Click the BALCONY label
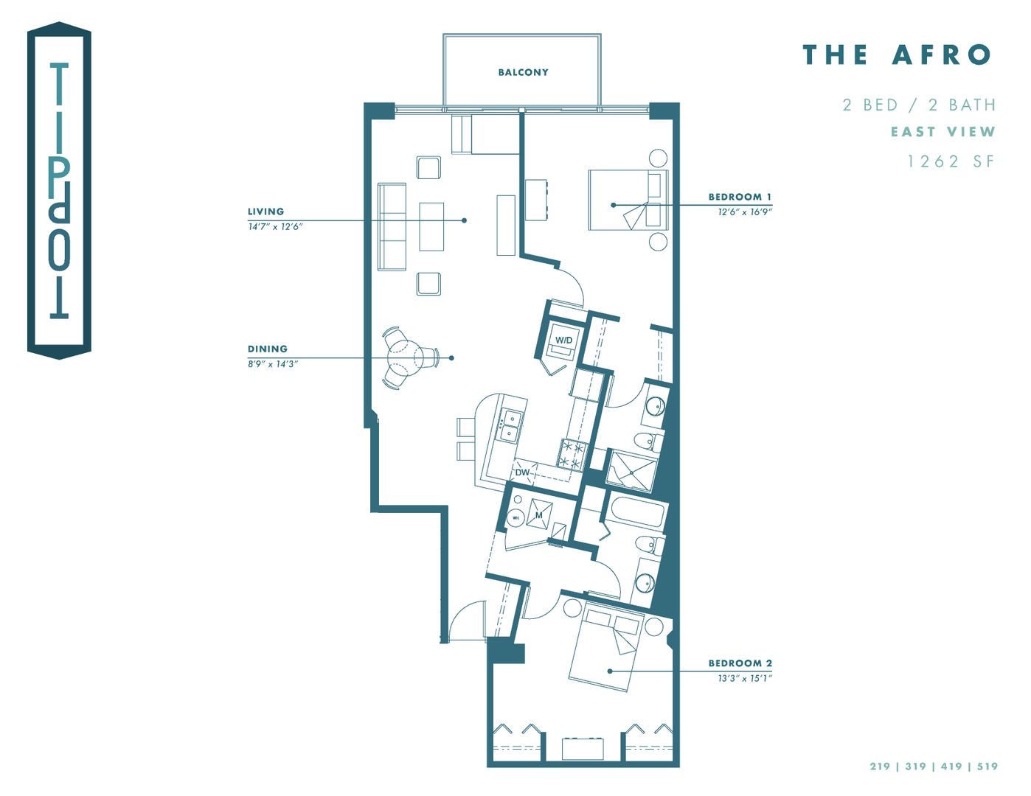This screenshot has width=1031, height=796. tap(523, 72)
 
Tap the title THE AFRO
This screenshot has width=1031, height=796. tap(897, 55)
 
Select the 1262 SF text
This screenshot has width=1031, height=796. tap(951, 161)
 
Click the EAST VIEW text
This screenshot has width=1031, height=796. tap(943, 132)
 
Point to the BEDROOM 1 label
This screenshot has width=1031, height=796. tap(739, 197)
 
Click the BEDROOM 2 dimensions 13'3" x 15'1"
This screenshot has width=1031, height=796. tap(744, 678)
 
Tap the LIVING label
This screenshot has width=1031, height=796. tap(265, 212)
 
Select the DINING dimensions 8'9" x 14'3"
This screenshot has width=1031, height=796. tap(272, 364)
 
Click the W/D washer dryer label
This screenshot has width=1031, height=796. tap(563, 341)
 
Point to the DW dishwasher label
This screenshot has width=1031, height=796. tap(522, 472)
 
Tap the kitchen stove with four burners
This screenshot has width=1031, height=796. tap(572, 454)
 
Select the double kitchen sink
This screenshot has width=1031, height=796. tap(509, 426)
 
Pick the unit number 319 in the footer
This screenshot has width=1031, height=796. tap(915, 767)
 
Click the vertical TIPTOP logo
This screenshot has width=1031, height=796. tap(59, 190)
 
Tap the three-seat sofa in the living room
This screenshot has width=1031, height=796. tap(392, 226)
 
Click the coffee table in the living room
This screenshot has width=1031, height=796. tap(431, 226)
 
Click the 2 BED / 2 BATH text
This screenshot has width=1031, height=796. tap(919, 105)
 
